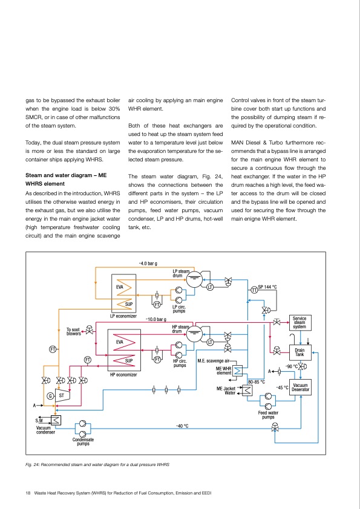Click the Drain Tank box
(299, 351)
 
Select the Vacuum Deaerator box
(301, 387)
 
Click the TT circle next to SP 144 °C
(254, 291)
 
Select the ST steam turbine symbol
(61, 395)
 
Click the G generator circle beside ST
(50, 396)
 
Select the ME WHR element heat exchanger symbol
(238, 371)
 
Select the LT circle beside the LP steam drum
(210, 287)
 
